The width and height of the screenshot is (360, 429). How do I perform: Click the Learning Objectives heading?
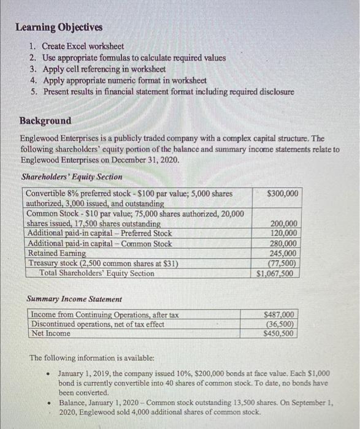(x=59, y=28)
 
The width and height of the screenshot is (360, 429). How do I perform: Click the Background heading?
(x=45, y=121)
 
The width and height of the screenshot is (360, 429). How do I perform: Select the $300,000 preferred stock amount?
(x=283, y=194)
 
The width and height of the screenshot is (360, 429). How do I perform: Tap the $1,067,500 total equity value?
(x=279, y=273)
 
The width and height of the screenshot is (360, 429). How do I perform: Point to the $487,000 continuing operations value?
(x=280, y=314)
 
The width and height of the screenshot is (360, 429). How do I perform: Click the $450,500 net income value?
(x=280, y=334)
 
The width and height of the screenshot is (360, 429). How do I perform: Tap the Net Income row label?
(x=51, y=333)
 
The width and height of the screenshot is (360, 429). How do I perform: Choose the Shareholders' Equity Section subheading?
(x=72, y=177)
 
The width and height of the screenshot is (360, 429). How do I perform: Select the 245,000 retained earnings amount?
(x=284, y=253)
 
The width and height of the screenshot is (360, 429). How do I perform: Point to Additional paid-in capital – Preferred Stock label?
(x=100, y=233)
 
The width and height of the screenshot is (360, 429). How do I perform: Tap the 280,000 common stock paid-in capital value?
(x=284, y=243)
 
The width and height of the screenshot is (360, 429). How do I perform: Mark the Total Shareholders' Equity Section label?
(x=97, y=273)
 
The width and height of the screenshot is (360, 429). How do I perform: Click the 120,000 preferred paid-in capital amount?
(x=284, y=233)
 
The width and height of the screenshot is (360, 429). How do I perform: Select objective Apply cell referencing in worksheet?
(x=104, y=69)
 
